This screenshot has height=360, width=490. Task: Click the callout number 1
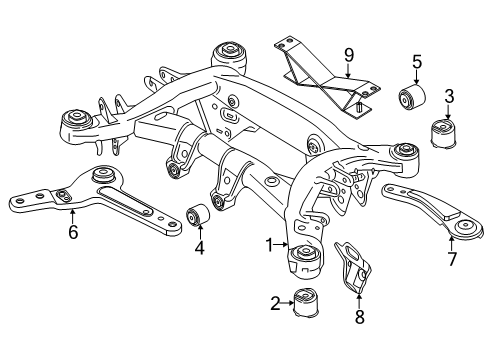tap(267, 244)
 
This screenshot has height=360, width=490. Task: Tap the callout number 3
tap(449, 96)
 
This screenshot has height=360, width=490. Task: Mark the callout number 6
tap(71, 233)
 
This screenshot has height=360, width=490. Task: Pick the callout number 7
tap(451, 259)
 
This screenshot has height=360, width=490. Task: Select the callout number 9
tap(347, 54)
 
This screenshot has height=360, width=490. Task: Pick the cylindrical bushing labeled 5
tap(414, 97)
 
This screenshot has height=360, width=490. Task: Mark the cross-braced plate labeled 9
tap(320, 75)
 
